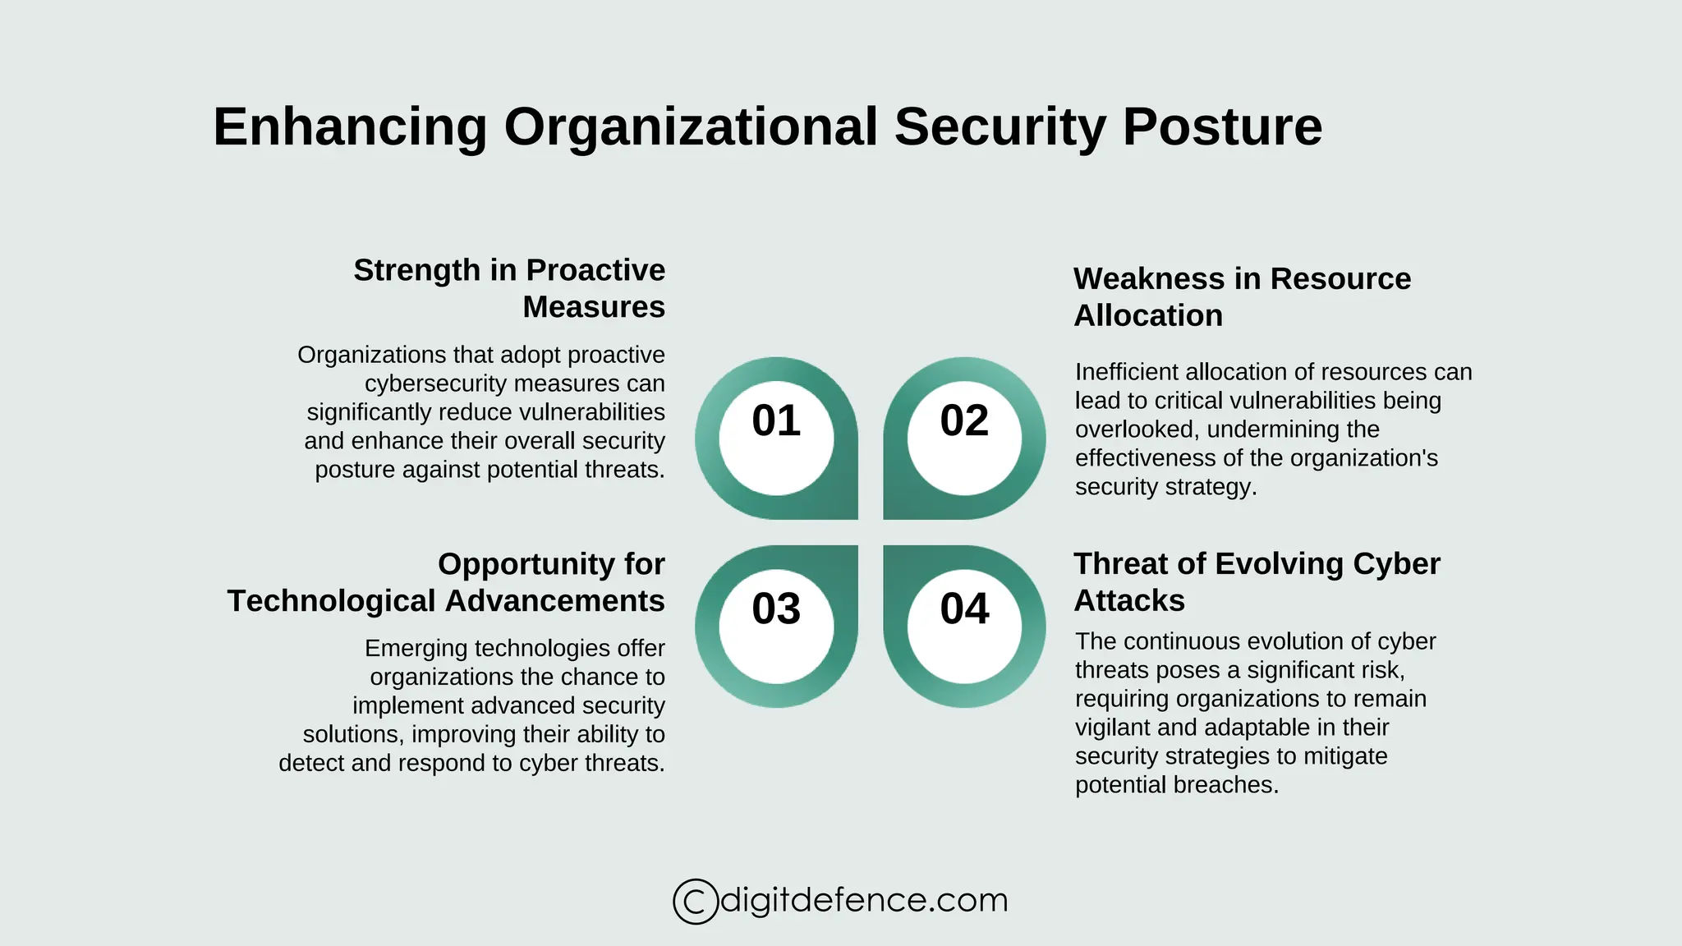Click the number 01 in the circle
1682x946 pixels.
(776, 421)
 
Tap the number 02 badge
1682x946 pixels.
(964, 421)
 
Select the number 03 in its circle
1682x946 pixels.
(776, 609)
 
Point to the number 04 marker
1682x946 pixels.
(964, 609)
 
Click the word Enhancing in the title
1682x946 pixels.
(351, 128)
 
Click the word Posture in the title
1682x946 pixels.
(1222, 128)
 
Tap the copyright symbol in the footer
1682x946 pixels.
(695, 902)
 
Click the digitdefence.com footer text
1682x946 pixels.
(863, 900)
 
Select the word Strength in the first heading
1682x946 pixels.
(416, 270)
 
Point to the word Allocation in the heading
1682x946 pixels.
(1148, 316)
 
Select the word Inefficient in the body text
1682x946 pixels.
(1127, 372)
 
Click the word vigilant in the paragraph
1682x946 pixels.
(1110, 728)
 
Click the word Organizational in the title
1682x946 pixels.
(691, 128)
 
